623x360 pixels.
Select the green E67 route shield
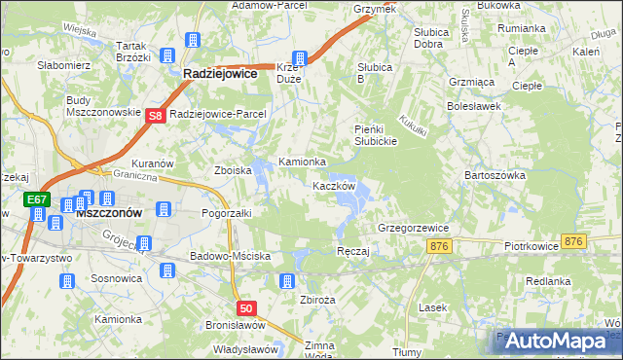point(37,200)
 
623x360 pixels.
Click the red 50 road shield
point(246,308)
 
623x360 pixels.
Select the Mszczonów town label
point(110,211)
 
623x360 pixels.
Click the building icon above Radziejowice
point(193,42)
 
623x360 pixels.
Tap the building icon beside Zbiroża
point(286,281)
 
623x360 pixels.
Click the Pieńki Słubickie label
point(374,135)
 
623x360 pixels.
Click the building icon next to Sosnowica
point(67,281)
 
